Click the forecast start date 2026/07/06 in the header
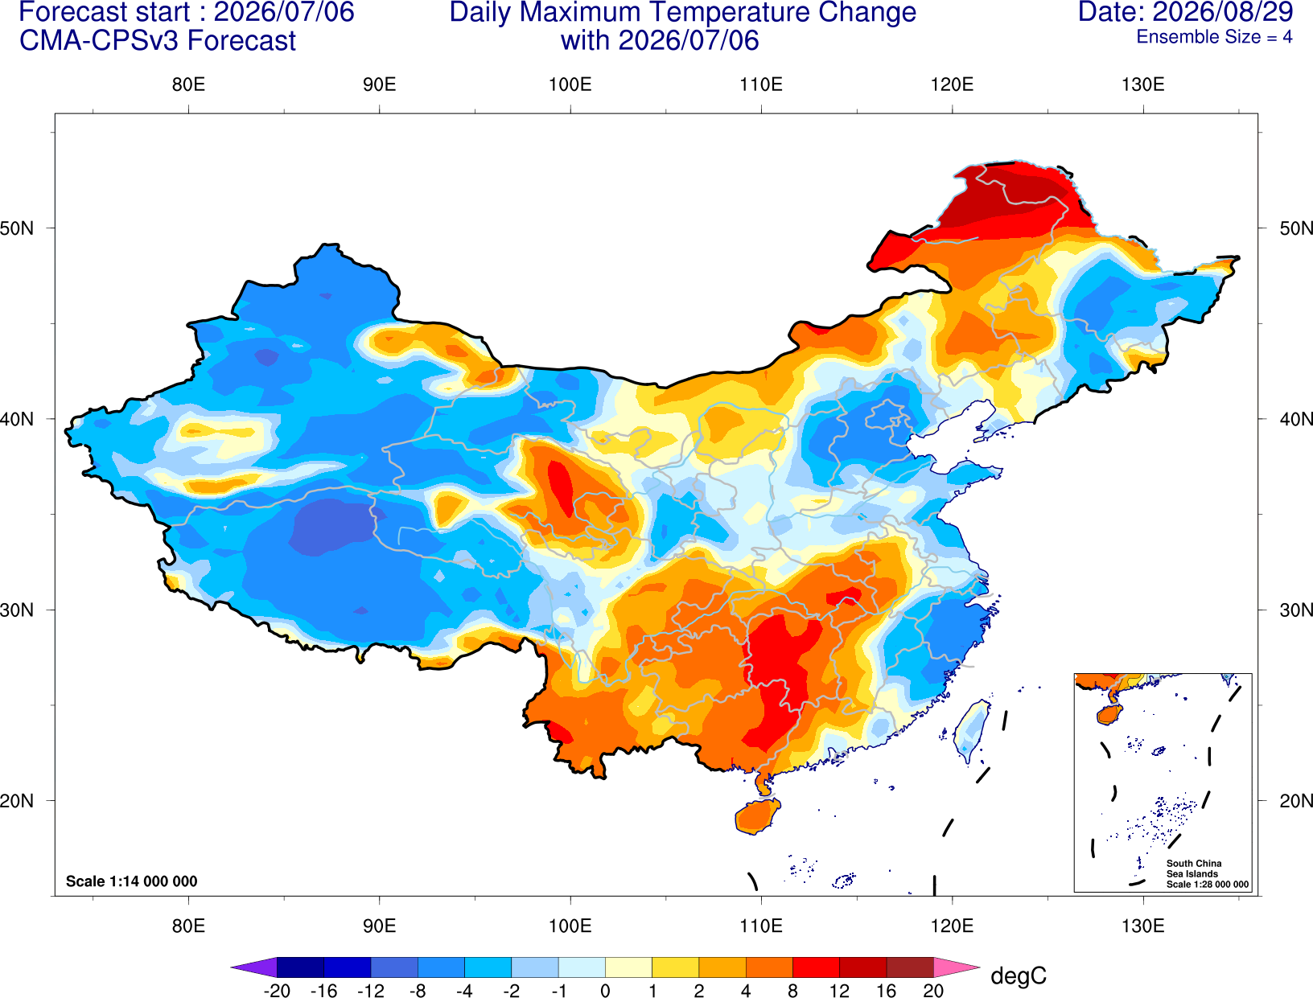coord(284,12)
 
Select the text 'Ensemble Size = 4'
coord(1214,37)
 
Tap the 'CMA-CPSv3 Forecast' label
coord(158,41)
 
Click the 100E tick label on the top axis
coord(570,84)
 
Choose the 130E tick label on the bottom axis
coord(1142,926)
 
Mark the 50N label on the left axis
coord(17,228)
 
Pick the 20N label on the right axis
coord(1295,801)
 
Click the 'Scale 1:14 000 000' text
coord(132,881)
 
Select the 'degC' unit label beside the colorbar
coord(1018,975)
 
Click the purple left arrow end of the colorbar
coord(254,967)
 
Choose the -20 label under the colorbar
coord(277,991)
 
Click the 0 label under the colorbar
coord(605,991)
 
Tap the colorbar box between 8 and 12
coord(816,967)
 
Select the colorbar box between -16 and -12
coord(347,967)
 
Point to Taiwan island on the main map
coord(970,731)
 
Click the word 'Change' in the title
coord(866,12)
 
